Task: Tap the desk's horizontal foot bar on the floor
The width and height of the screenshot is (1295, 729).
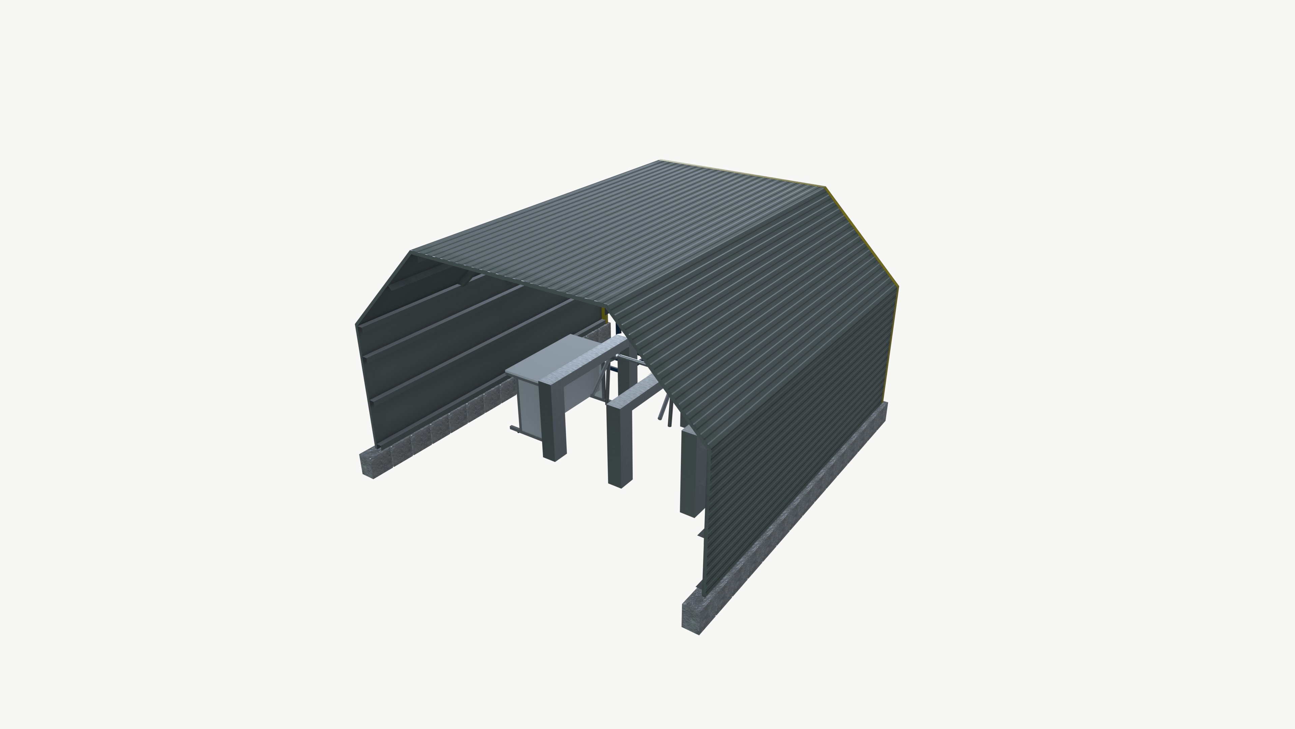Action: [x=518, y=430]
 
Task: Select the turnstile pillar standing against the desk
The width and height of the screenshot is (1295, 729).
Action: [x=553, y=423]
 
